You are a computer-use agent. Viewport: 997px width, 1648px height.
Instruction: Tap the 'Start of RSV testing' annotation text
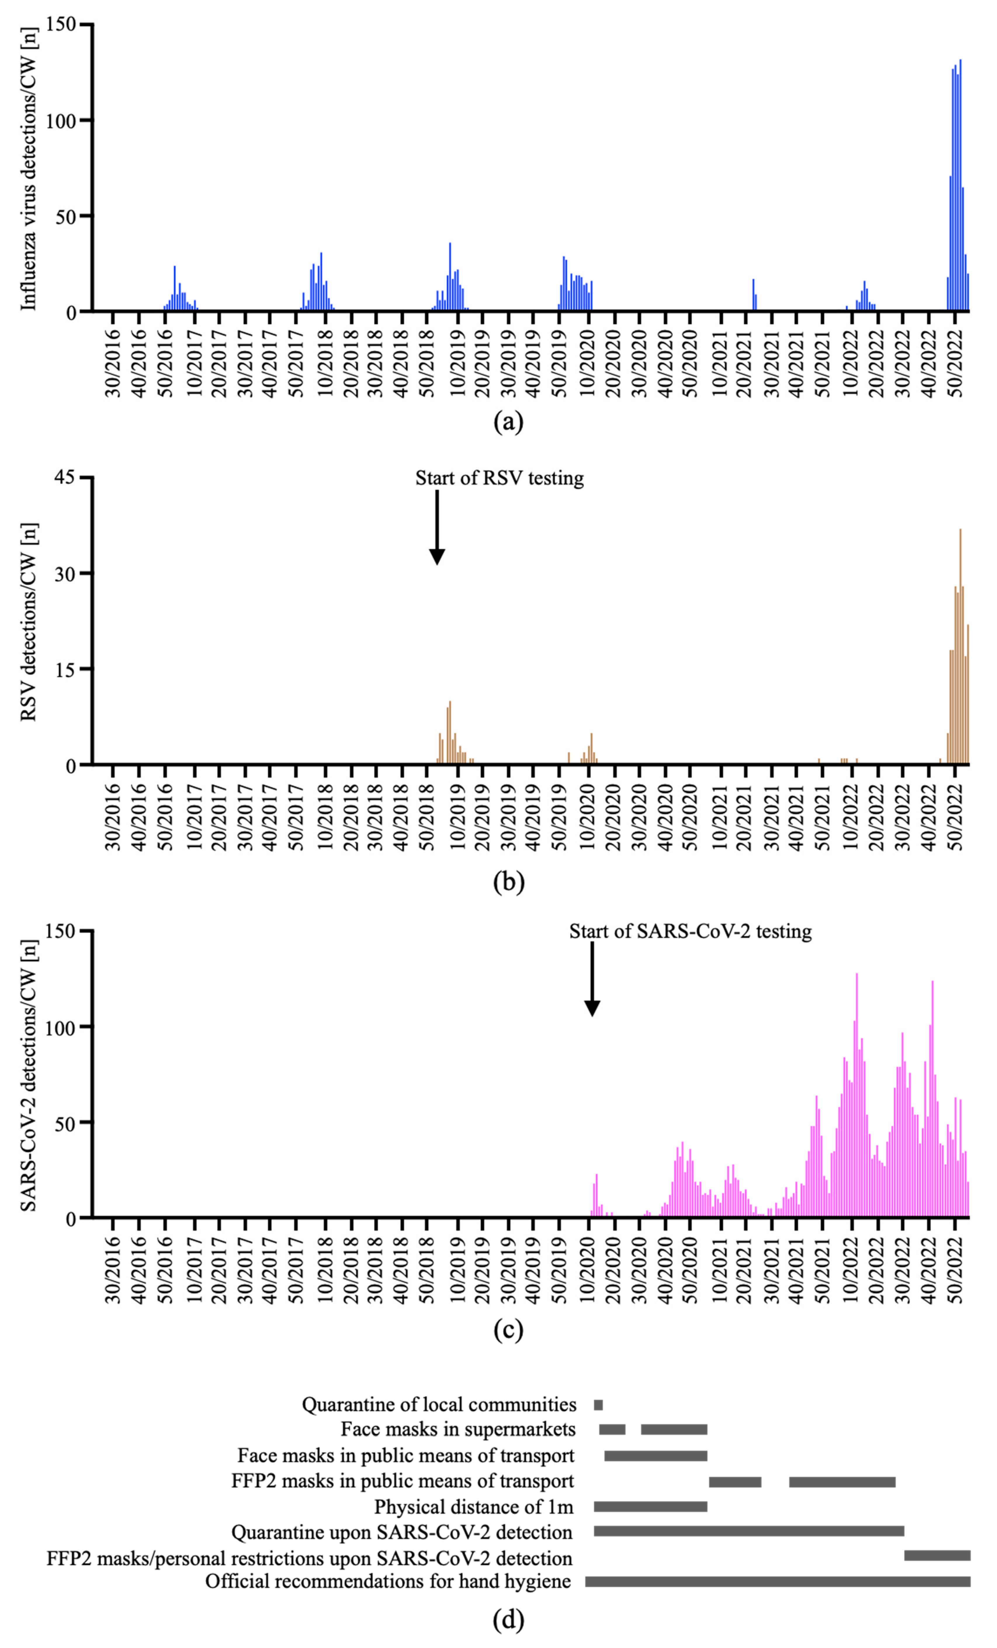click(500, 478)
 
